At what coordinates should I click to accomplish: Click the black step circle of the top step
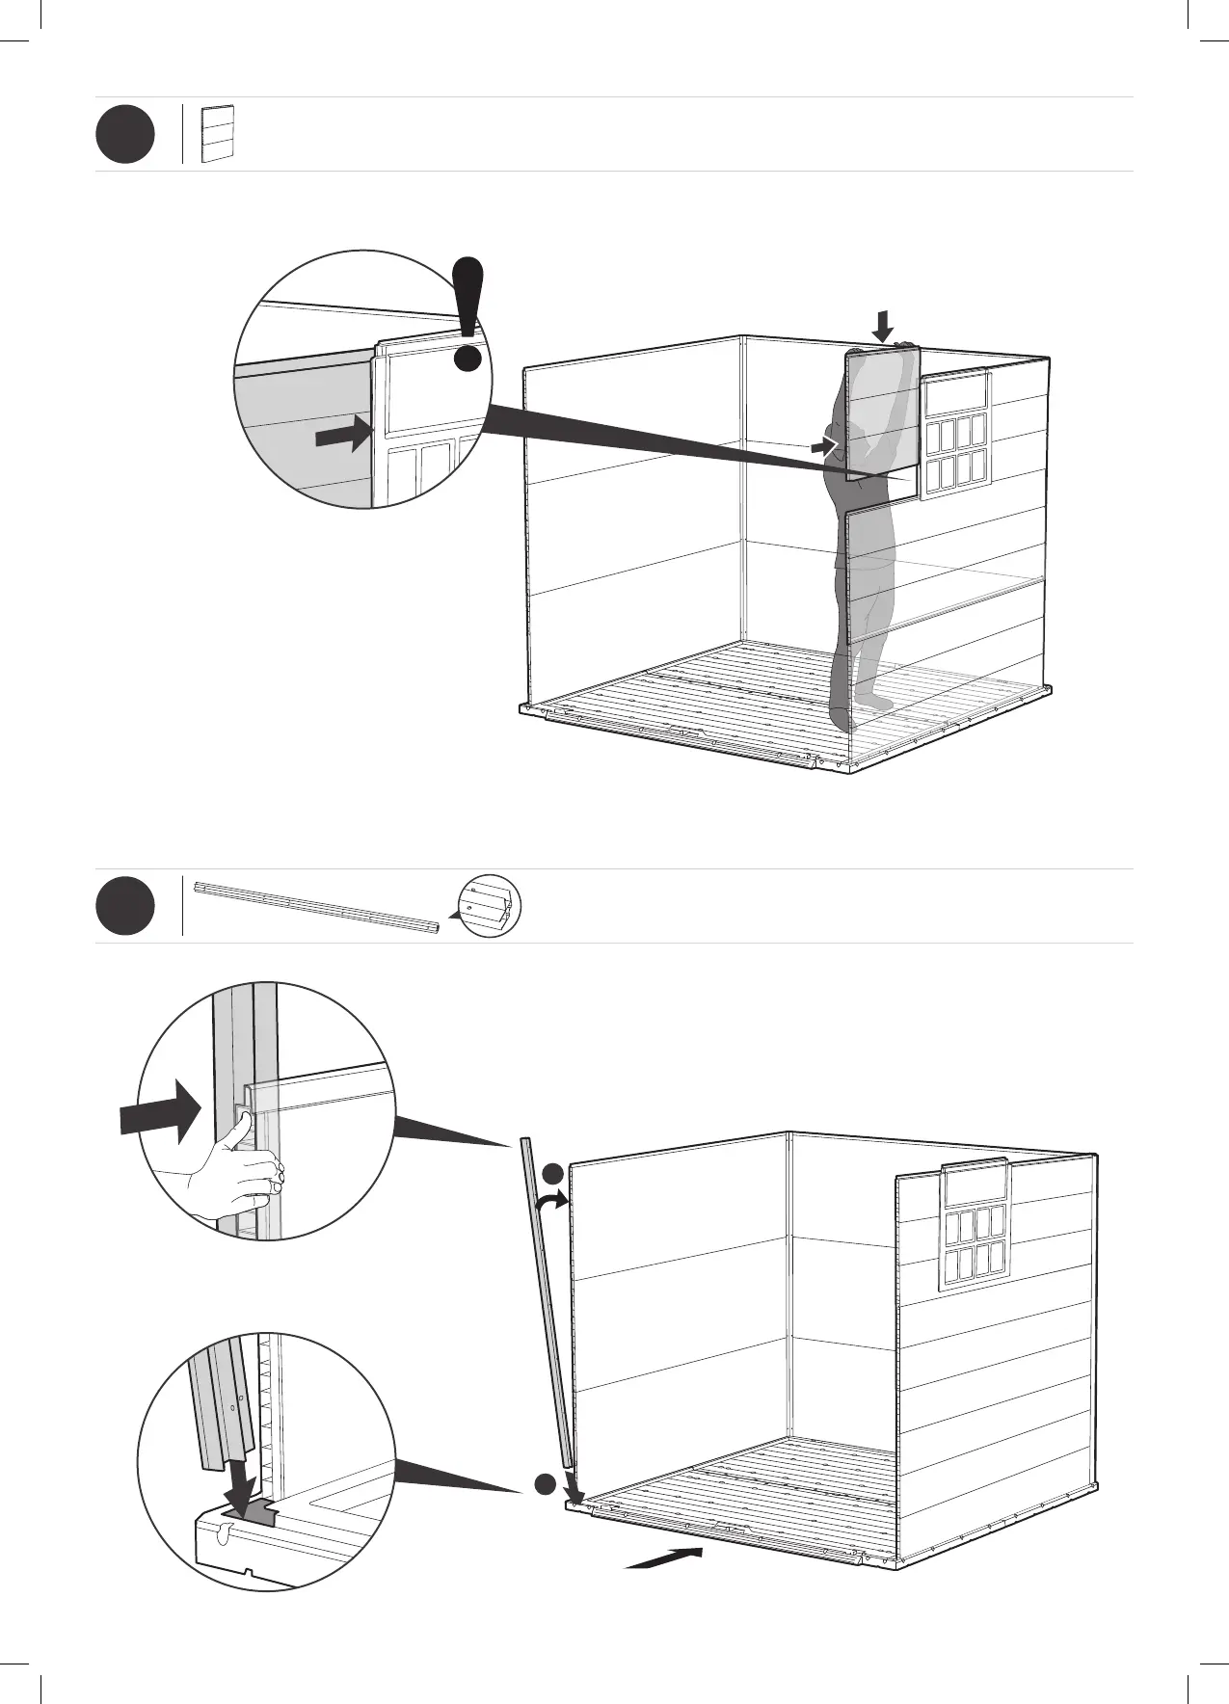tap(124, 135)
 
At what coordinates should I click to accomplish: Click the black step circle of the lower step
tap(124, 906)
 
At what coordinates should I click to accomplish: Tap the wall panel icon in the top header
tap(219, 134)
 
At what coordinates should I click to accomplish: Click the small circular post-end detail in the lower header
tap(490, 906)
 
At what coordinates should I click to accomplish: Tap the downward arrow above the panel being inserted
tap(883, 326)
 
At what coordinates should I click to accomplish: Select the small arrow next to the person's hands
tap(823, 445)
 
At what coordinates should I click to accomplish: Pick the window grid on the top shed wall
tap(955, 435)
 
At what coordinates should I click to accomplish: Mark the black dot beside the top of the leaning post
tap(551, 1172)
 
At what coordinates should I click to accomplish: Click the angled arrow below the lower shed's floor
tap(664, 1558)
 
